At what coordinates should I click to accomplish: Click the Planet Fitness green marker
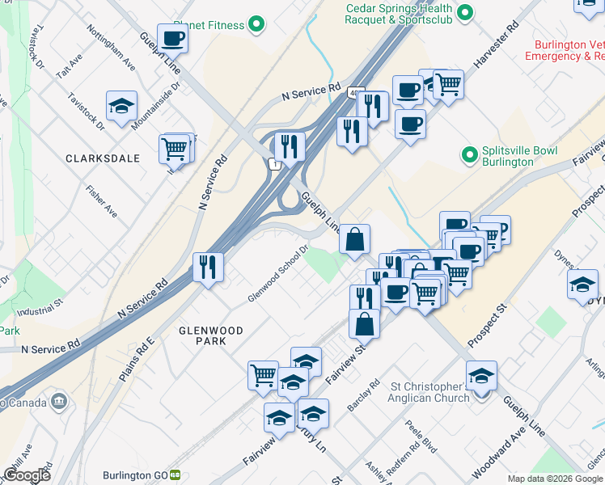click(x=256, y=25)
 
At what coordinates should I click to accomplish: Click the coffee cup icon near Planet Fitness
click(x=173, y=38)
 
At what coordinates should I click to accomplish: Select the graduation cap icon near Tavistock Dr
click(x=121, y=106)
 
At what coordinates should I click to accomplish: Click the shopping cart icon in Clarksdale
click(x=175, y=149)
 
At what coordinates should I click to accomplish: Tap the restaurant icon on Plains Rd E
click(x=208, y=267)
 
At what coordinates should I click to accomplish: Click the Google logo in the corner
click(x=27, y=475)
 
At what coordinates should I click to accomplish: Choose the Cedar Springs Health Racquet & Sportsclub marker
click(x=465, y=13)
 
